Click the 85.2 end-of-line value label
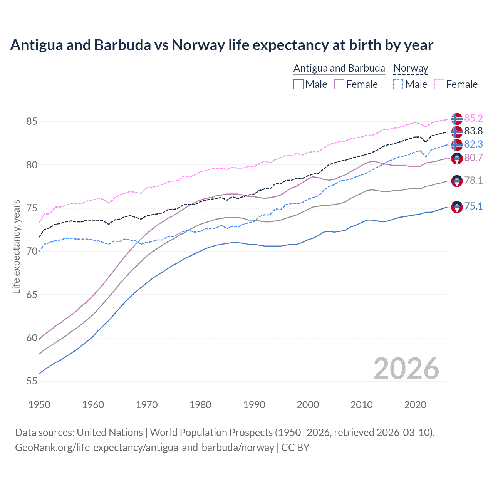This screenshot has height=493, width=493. coord(473,118)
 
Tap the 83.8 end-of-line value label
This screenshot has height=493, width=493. coord(473,131)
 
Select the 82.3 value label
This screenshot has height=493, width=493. coord(473,144)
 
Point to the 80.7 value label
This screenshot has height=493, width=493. coord(473,158)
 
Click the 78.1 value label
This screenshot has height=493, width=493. coord(473,180)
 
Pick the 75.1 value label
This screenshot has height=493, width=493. coord(473,206)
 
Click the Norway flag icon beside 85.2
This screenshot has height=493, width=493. coord(457,119)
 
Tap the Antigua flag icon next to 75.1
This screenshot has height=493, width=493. coord(457,207)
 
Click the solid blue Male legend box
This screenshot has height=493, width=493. coord(298,84)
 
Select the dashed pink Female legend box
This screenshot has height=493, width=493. coord(439,84)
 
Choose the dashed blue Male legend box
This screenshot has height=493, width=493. coord(398,84)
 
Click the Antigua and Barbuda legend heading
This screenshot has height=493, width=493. coord(339,68)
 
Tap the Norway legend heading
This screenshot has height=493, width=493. coord(411,68)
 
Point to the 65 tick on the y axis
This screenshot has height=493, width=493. coord(32,295)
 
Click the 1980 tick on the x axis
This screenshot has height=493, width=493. coord(200,405)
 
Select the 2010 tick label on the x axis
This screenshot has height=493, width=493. coord(361,405)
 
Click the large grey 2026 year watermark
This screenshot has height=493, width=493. coord(406,369)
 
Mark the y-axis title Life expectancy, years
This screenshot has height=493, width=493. coord(16,246)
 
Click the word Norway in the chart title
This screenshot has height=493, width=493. coord(198,45)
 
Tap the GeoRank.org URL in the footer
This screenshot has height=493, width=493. coord(144,448)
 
